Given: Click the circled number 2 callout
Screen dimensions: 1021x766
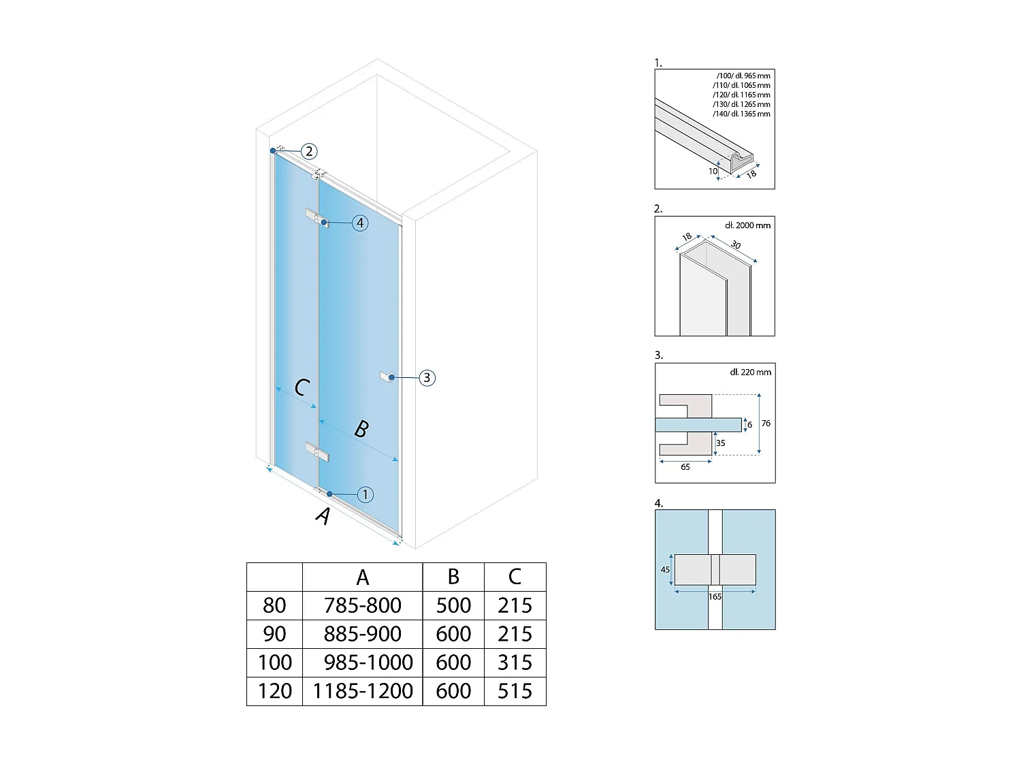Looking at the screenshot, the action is point(309,151).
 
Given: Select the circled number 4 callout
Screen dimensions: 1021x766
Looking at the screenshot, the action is point(359,223).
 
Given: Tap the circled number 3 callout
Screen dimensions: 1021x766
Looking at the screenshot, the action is point(427,378).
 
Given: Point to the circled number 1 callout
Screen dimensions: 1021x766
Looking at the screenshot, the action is point(365,494).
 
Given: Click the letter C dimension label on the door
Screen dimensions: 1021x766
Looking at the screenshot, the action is point(302,387).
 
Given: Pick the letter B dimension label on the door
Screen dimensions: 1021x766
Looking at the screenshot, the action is point(361,429).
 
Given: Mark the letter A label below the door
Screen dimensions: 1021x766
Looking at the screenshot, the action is point(323,516).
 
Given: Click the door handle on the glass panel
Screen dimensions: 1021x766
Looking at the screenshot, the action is point(387,377).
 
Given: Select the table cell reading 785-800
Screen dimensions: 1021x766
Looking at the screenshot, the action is point(362,605).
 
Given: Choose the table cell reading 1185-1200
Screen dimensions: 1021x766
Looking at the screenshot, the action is point(363,691).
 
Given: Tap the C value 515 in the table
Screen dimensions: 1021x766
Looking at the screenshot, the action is point(515,691).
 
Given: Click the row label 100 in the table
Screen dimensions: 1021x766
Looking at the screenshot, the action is point(274,663).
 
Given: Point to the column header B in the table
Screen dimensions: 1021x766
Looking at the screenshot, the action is point(453,577).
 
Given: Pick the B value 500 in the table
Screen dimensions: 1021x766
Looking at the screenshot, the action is point(453,605).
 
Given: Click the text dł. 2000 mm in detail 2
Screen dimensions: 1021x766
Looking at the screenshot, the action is point(748,225).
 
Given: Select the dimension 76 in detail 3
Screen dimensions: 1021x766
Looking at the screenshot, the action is point(766,424).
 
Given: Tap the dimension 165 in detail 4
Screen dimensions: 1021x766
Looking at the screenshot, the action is point(715,596).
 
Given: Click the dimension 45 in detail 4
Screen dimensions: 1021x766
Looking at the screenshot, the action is point(665,570).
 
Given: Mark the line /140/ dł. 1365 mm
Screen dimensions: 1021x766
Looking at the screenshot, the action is point(741,114).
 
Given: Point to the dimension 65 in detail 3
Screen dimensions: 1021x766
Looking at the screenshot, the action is point(685,467).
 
